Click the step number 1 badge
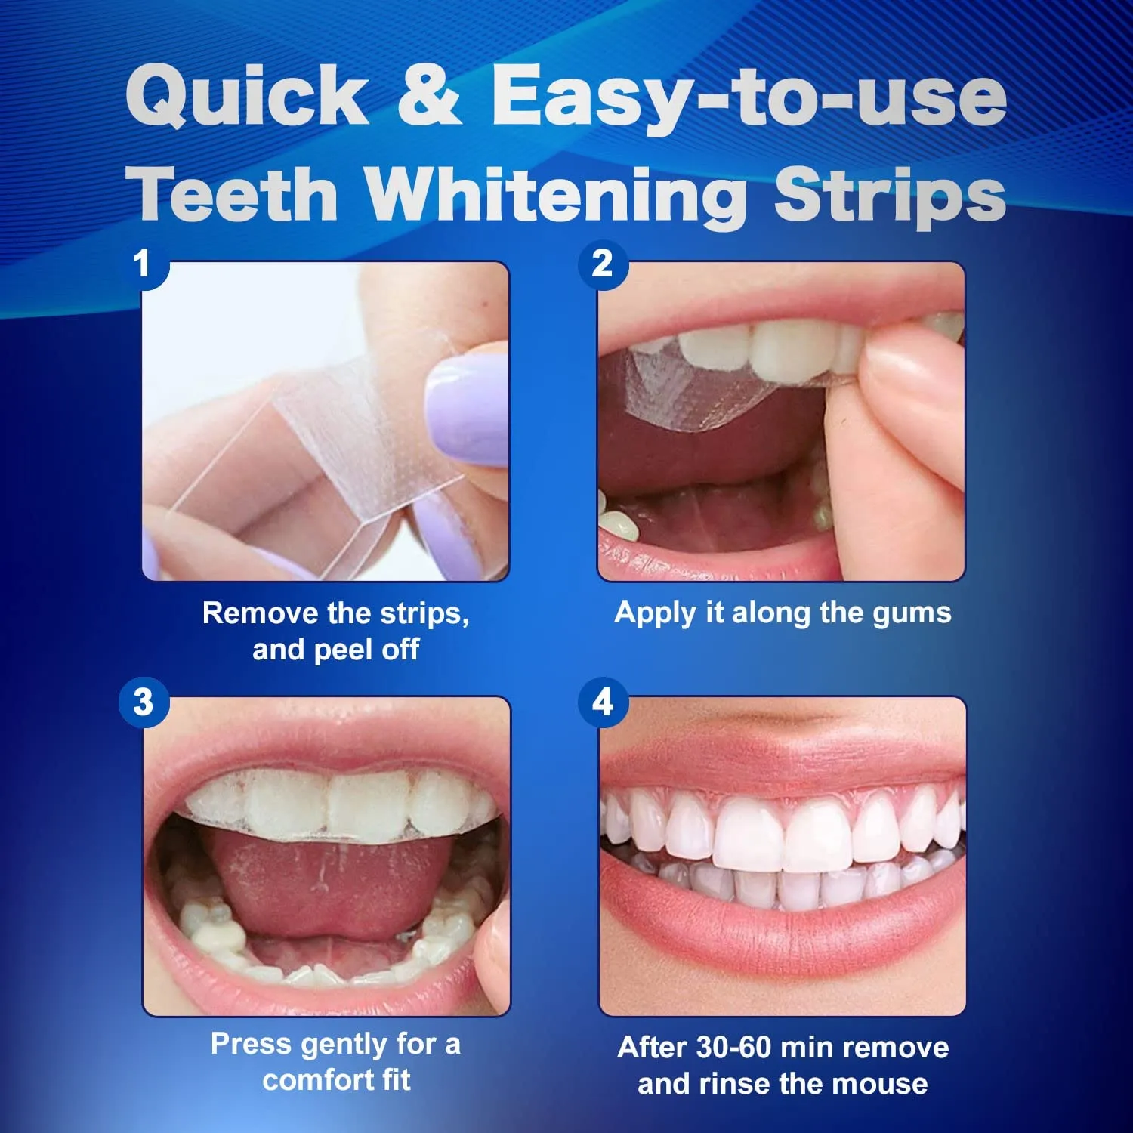pyautogui.click(x=143, y=264)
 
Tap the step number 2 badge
pyautogui.click(x=602, y=264)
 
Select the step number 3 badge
pyautogui.click(x=144, y=702)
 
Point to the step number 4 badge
pyautogui.click(x=602, y=702)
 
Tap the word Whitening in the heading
pyautogui.click(x=555, y=195)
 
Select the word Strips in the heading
pyautogui.click(x=890, y=195)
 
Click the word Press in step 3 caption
pyautogui.click(x=251, y=1044)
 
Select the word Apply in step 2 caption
pyautogui.click(x=654, y=613)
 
